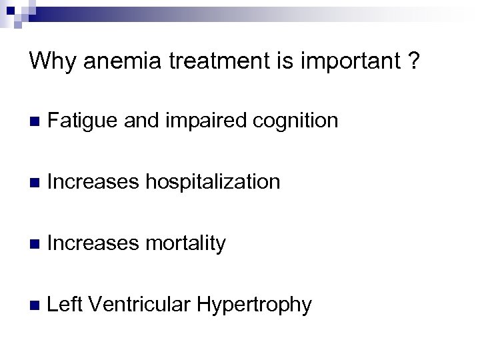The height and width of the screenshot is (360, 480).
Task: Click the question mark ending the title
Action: coord(415,61)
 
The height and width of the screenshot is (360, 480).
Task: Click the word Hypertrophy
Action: coord(254,305)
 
